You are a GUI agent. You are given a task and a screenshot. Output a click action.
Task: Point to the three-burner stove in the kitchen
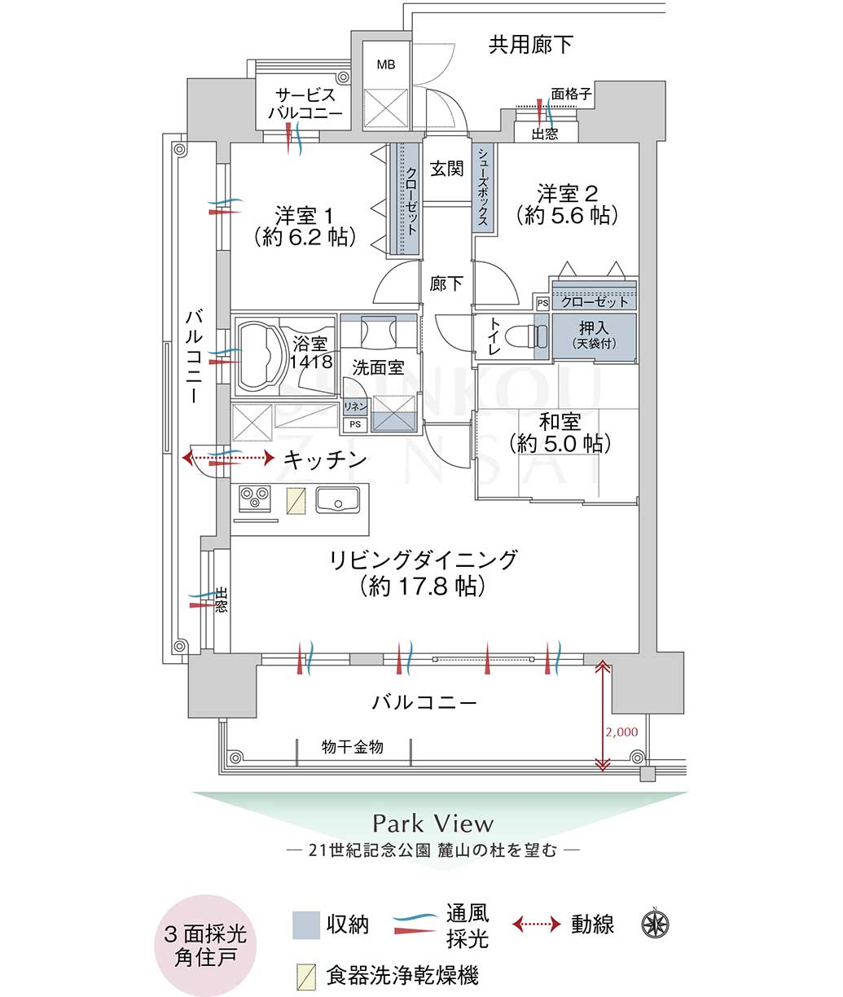click(x=255, y=497)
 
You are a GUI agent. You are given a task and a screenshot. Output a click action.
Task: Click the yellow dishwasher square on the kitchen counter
click(x=296, y=499)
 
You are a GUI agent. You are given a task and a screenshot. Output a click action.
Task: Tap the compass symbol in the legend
click(x=656, y=923)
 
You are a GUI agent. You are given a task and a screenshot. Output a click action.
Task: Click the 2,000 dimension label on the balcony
click(x=622, y=731)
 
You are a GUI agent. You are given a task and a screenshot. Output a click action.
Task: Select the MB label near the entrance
click(x=386, y=64)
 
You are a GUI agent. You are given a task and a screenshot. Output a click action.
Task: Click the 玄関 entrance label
click(x=446, y=169)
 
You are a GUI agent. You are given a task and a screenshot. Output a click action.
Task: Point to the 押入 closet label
click(x=592, y=329)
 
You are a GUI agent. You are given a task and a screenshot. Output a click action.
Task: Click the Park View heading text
click(x=432, y=823)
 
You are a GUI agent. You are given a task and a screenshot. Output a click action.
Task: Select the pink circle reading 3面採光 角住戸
click(x=206, y=945)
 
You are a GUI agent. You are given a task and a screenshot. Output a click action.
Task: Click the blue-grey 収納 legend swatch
click(x=306, y=925)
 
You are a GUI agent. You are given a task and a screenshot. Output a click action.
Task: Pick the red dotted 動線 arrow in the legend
click(x=537, y=924)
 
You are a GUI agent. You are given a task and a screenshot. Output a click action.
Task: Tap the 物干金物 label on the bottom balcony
click(x=352, y=746)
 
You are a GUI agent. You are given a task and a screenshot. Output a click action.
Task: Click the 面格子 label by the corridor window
click(x=571, y=94)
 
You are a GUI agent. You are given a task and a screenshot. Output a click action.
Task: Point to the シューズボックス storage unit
click(x=484, y=187)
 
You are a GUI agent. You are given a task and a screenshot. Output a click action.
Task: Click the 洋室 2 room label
click(x=567, y=194)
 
